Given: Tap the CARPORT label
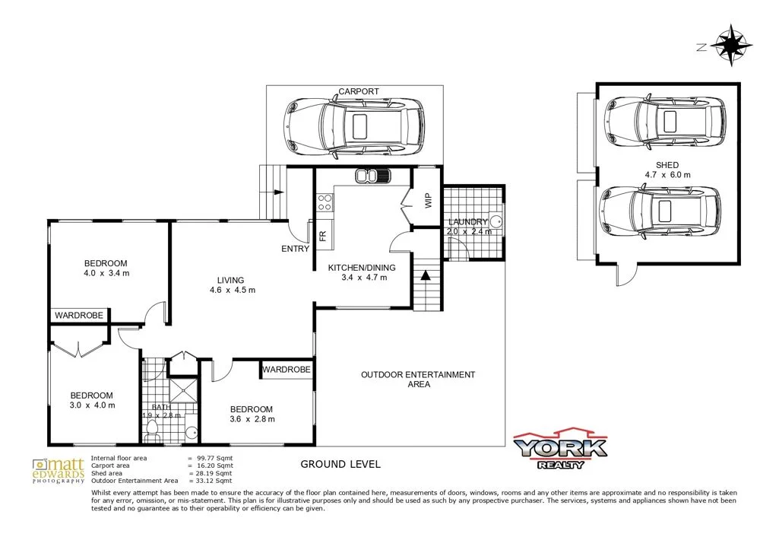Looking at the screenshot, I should click(x=359, y=91).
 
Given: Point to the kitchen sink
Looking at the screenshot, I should click(x=372, y=177).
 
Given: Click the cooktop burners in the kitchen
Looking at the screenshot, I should click(x=325, y=202).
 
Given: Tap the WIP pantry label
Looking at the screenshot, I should click(x=428, y=201).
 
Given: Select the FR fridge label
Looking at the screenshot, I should click(x=323, y=237).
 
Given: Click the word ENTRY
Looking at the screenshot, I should click(x=295, y=249).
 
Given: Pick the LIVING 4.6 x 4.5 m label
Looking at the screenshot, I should click(x=232, y=284).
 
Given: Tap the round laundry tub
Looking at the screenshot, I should click(x=495, y=221).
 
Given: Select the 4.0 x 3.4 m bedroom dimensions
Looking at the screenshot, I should click(x=107, y=273).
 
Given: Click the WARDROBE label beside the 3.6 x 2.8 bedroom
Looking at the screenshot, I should click(x=287, y=370).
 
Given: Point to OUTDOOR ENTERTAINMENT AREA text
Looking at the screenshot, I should click(x=418, y=379).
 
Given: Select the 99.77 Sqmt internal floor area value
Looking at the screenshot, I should click(x=214, y=458).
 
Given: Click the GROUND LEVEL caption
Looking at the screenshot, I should click(x=340, y=464).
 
